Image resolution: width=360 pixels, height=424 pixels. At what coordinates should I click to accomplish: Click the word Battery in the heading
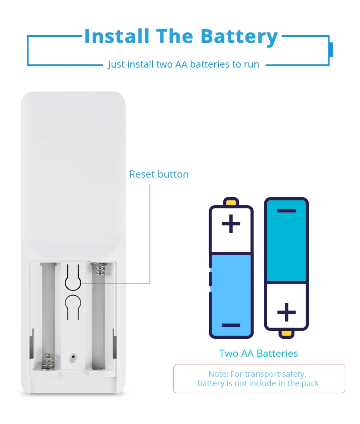click(x=239, y=37)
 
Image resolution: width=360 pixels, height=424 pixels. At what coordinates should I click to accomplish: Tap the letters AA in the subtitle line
click(x=182, y=64)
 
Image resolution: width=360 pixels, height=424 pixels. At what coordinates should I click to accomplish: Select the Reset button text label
click(x=159, y=174)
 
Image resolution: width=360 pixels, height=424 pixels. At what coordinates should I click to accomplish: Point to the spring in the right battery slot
click(x=99, y=268)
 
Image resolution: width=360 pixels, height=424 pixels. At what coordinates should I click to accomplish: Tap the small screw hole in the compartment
click(x=73, y=355)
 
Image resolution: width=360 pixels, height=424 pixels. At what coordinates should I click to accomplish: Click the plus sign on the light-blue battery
click(x=231, y=224)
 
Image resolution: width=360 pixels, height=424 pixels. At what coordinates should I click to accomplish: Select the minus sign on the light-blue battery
click(x=231, y=325)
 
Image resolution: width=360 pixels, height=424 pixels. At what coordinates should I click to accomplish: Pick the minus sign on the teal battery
click(x=286, y=211)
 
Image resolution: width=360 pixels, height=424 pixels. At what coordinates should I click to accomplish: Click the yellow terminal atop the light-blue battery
click(x=231, y=202)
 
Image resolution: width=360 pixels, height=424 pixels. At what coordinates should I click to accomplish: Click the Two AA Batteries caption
click(x=258, y=354)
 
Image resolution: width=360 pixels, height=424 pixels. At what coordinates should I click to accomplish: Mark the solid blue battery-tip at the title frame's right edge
click(x=331, y=50)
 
